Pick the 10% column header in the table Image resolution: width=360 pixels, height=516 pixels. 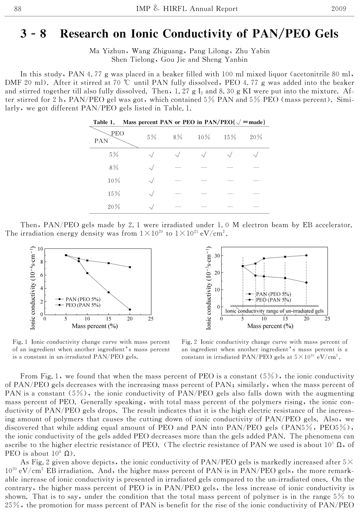pyautogui.click(x=204, y=137)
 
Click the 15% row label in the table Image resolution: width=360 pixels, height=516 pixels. pyautogui.click(x=114, y=194)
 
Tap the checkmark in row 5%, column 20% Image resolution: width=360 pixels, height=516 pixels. pyautogui.click(x=256, y=155)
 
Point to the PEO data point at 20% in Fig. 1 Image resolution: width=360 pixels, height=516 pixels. pyautogui.click(x=130, y=310)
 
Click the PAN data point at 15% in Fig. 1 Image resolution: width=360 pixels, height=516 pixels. pyautogui.click(x=109, y=263)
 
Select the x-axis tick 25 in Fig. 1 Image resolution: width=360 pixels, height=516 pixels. pyautogui.click(x=151, y=319)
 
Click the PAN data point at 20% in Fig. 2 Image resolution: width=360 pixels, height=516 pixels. pyautogui.click(x=306, y=255)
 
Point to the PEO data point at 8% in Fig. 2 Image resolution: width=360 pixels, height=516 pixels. pyautogui.click(x=255, y=275)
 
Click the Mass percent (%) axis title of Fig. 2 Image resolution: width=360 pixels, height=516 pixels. pyautogui.click(x=270, y=326)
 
